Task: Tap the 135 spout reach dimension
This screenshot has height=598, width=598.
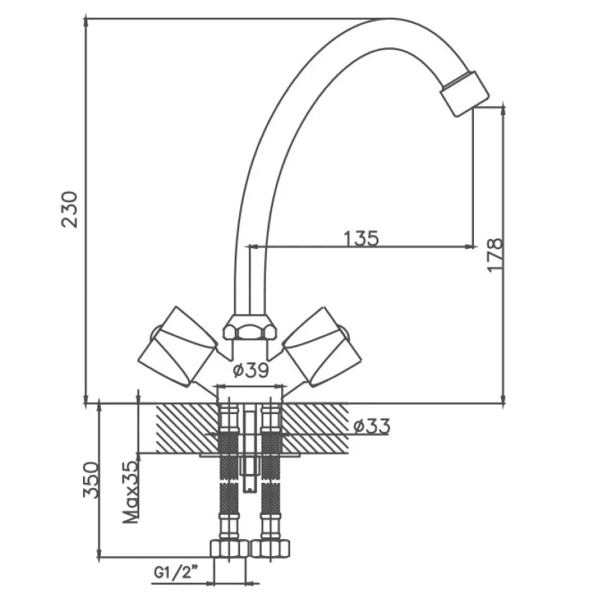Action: pyautogui.click(x=362, y=238)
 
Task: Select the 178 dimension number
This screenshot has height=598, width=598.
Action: pyautogui.click(x=495, y=255)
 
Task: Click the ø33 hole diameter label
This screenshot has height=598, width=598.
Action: pyautogui.click(x=372, y=427)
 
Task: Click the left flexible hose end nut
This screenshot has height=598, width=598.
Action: pyautogui.click(x=229, y=548)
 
